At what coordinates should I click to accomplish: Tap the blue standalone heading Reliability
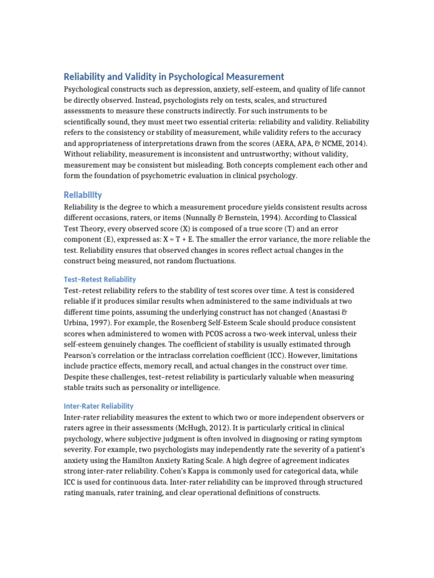[83, 195]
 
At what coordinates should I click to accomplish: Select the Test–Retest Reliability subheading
[99, 279]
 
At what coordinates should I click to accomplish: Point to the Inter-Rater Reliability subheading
[98, 406]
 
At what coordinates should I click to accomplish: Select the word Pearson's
[81, 355]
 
